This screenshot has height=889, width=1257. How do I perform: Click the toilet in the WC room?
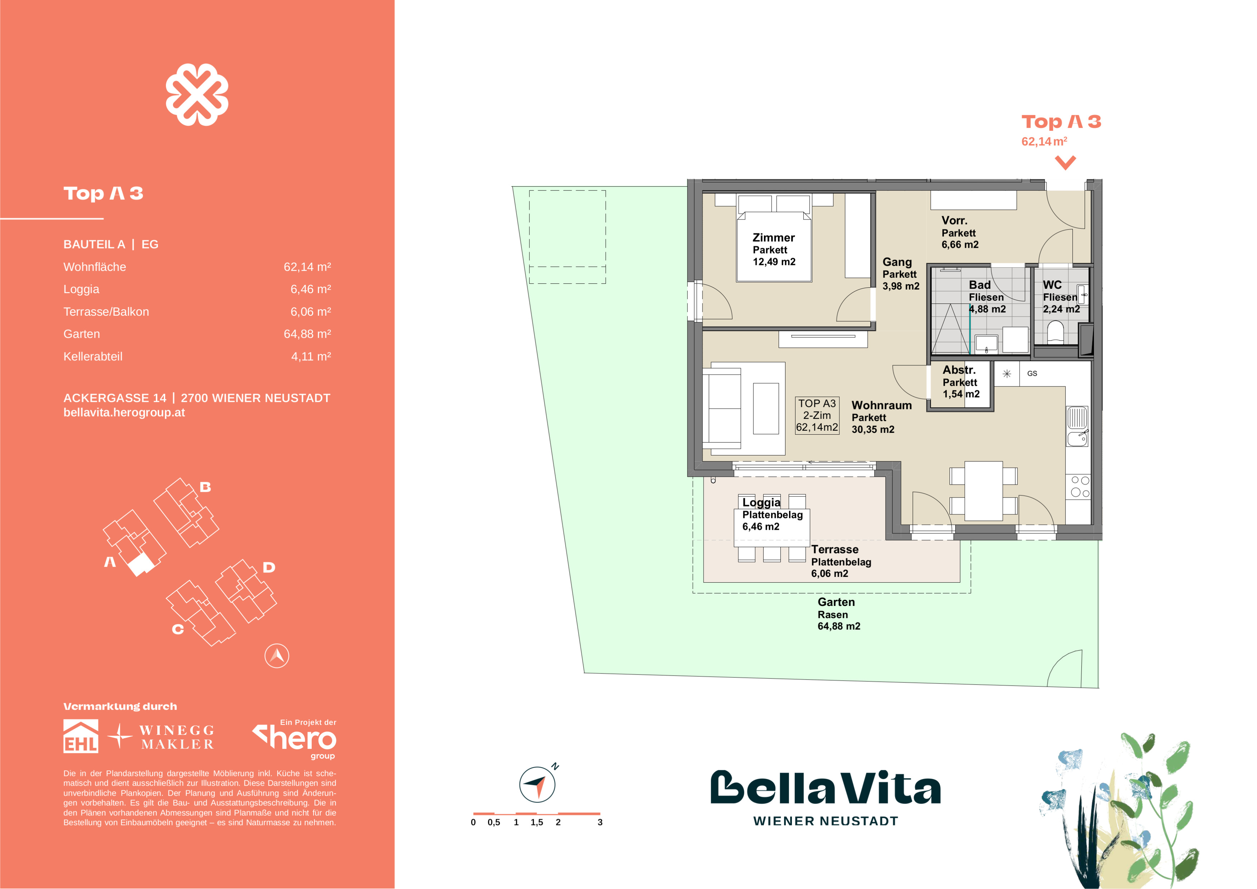1055,332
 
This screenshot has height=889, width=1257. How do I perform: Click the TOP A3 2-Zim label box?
817,416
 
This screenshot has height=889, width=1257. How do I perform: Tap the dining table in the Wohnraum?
983,491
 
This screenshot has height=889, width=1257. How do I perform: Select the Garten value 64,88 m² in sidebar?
307,334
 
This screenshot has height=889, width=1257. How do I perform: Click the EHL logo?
81,736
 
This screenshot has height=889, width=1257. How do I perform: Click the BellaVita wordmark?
826,788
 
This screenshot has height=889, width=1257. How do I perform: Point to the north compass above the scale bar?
537,784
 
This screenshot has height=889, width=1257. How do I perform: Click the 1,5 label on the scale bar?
537,822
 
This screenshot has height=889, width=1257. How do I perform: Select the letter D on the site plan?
268,567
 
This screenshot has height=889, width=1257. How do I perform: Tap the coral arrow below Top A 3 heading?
1065,163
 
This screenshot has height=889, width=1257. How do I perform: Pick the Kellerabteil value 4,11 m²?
311,356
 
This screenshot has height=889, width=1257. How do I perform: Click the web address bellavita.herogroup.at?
124,413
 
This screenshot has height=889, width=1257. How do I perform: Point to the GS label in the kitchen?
1032,373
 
